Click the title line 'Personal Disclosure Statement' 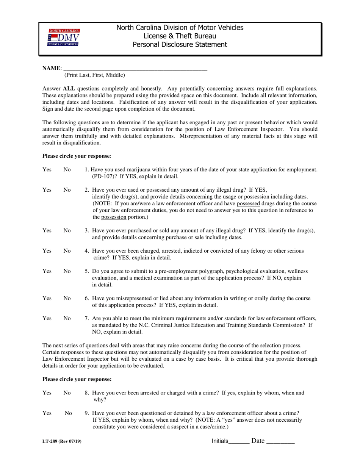click(x=180, y=45)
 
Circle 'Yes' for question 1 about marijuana click(x=47, y=170)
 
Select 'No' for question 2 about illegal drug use click(x=67, y=190)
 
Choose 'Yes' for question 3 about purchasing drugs click(x=47, y=230)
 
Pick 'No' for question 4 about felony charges click(x=67, y=251)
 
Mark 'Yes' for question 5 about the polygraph click(x=47, y=271)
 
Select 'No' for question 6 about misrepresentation click(x=67, y=299)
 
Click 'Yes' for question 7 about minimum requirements click(x=47, y=319)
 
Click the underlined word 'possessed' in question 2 click(x=249, y=203)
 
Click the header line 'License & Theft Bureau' click(x=180, y=36)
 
